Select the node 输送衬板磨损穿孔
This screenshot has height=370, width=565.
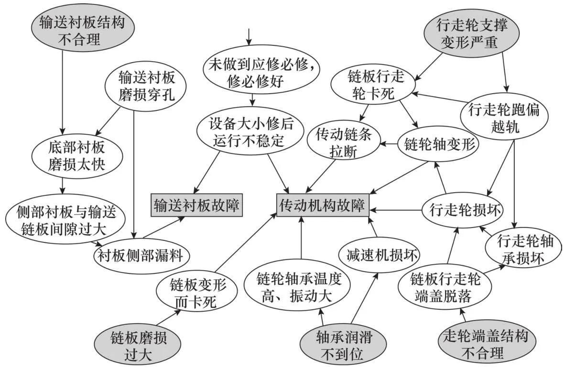pos(146,86)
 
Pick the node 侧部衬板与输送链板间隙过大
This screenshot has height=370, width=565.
pos(62,219)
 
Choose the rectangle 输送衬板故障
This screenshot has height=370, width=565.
pos(196,206)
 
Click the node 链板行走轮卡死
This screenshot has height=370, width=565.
pos(371,85)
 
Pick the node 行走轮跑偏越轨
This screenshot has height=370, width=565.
pos(500,119)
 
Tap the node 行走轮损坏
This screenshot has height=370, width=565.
pos(462,209)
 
